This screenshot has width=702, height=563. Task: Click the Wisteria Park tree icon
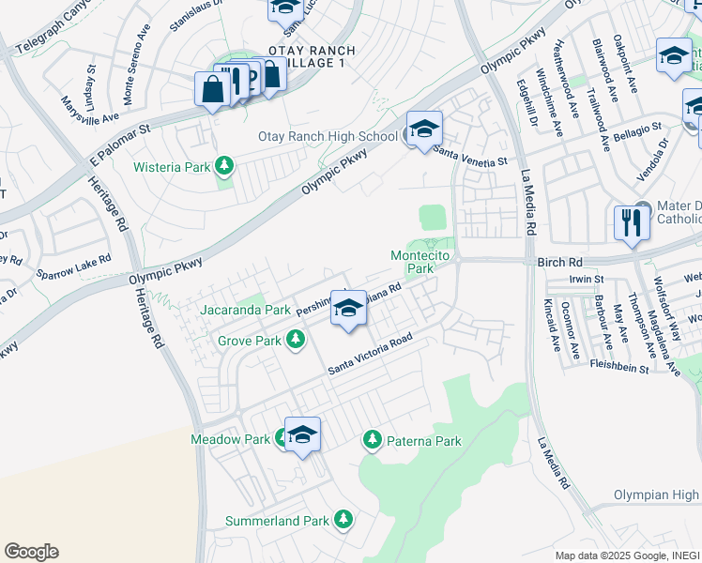point(223,167)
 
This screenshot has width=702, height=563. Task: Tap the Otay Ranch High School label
point(328,137)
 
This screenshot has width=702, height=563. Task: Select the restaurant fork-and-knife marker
point(630,223)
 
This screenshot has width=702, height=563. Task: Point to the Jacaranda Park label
point(245,310)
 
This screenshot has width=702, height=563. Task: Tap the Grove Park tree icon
point(297,341)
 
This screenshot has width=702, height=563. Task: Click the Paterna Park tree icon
point(373,439)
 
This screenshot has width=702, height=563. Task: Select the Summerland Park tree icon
point(343,519)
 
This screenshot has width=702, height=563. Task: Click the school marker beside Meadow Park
point(302,434)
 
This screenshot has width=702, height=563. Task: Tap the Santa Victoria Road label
point(370,357)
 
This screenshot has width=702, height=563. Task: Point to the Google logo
point(31,552)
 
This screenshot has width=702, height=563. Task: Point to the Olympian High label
point(657,495)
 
